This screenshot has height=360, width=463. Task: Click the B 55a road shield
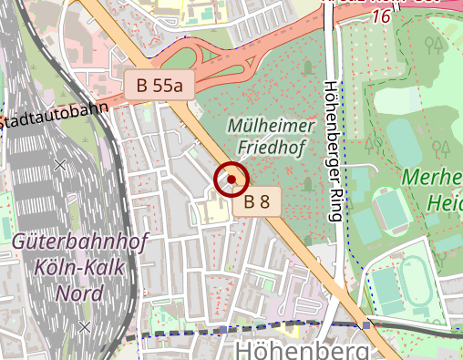click(159, 87)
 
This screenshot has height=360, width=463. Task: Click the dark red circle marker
click(231, 179)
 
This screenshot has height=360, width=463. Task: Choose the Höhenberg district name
click(302, 351)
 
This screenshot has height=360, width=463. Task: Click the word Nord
click(79, 293)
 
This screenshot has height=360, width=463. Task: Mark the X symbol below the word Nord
click(85, 326)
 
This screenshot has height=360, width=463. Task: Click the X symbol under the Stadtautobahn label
click(60, 165)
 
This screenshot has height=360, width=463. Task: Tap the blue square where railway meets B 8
click(366, 324)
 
